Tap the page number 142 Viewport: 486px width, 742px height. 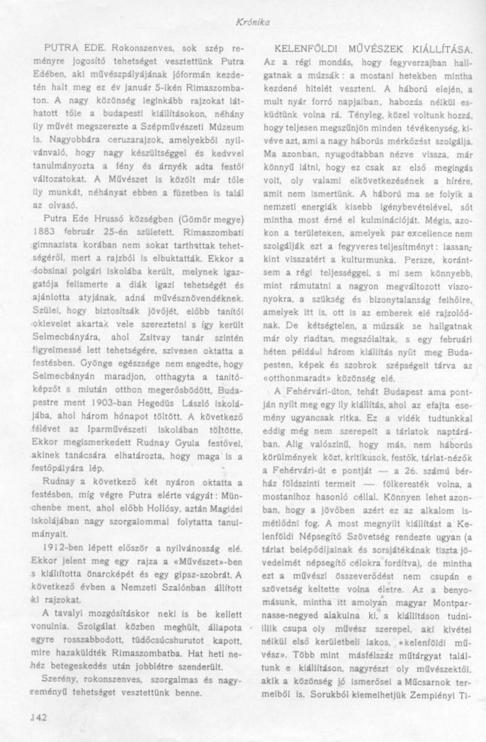point(35,716)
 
